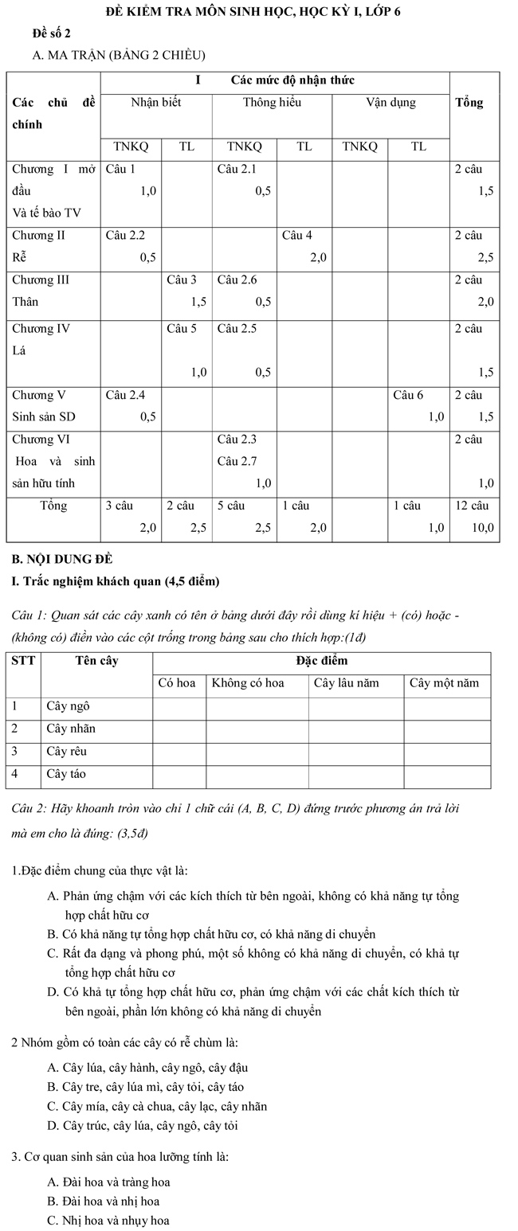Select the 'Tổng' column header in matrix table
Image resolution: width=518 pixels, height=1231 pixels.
point(469,103)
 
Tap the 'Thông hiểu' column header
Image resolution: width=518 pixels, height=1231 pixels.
point(272,102)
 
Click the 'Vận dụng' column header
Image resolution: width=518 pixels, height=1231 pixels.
point(390,102)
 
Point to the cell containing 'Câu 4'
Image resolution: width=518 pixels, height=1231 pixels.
point(304,246)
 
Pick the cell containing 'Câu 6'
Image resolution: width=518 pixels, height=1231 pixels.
point(418,405)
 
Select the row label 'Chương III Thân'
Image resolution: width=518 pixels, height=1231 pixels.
point(53,291)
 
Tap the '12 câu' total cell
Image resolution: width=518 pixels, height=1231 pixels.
point(474,516)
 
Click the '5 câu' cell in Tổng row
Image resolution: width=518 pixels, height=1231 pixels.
point(244,516)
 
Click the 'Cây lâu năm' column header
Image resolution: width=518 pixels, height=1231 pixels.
point(355,683)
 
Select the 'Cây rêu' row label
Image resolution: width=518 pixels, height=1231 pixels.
point(67,751)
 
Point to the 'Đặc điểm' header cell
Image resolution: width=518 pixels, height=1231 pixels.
point(321,661)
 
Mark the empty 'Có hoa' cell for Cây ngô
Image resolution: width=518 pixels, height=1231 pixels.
point(179,706)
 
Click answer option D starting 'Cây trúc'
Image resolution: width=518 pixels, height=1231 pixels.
point(143,1125)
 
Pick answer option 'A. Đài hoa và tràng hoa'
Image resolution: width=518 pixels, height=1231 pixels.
point(109,1182)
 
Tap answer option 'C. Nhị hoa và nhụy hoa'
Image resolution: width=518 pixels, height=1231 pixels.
point(108,1220)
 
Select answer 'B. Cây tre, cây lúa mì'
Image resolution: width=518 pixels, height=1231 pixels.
point(146,1087)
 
